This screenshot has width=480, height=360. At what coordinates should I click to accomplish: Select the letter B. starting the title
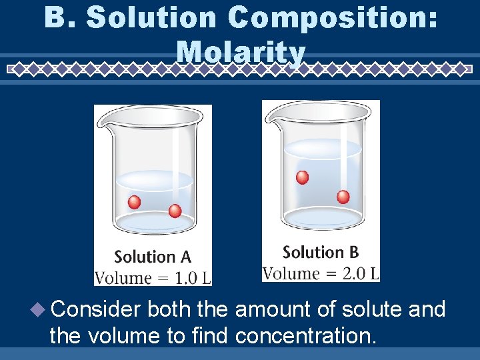coord(59,18)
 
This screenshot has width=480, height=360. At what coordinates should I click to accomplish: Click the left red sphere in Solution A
coord(135,202)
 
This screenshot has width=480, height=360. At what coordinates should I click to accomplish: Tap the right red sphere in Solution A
coord(175,211)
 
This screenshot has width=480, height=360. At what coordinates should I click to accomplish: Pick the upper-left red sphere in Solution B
coord(302,177)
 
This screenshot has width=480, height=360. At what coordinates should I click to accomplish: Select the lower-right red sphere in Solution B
coord(343,197)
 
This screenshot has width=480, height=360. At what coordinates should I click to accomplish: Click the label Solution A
coord(153,257)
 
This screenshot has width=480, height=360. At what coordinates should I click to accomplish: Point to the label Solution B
coord(321,252)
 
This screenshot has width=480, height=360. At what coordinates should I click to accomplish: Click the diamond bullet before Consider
coord(39,309)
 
